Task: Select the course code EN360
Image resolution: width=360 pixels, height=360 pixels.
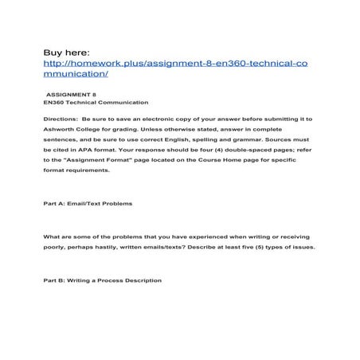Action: [55, 103]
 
